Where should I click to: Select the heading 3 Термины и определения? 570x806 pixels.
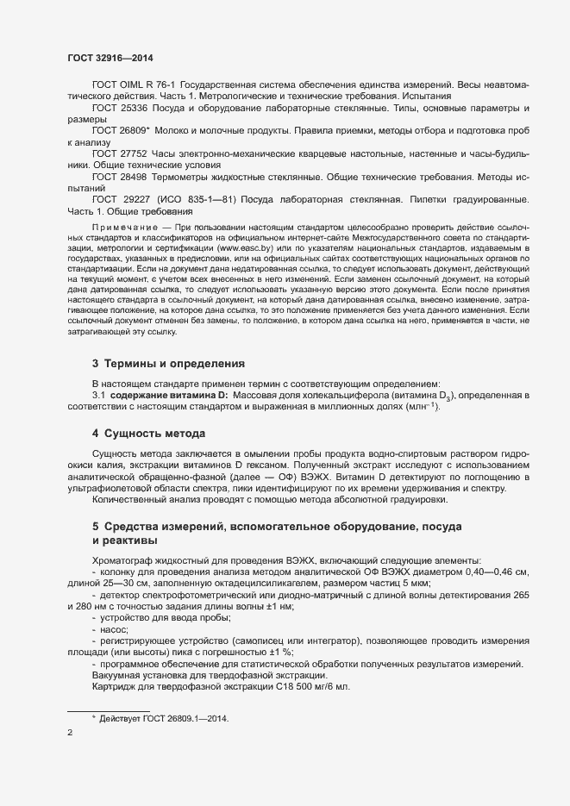pos(168,362)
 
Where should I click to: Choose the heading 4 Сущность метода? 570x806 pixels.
pos(148,432)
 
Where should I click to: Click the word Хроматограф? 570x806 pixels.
pos(125,560)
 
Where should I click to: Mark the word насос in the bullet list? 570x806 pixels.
pos(115,630)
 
